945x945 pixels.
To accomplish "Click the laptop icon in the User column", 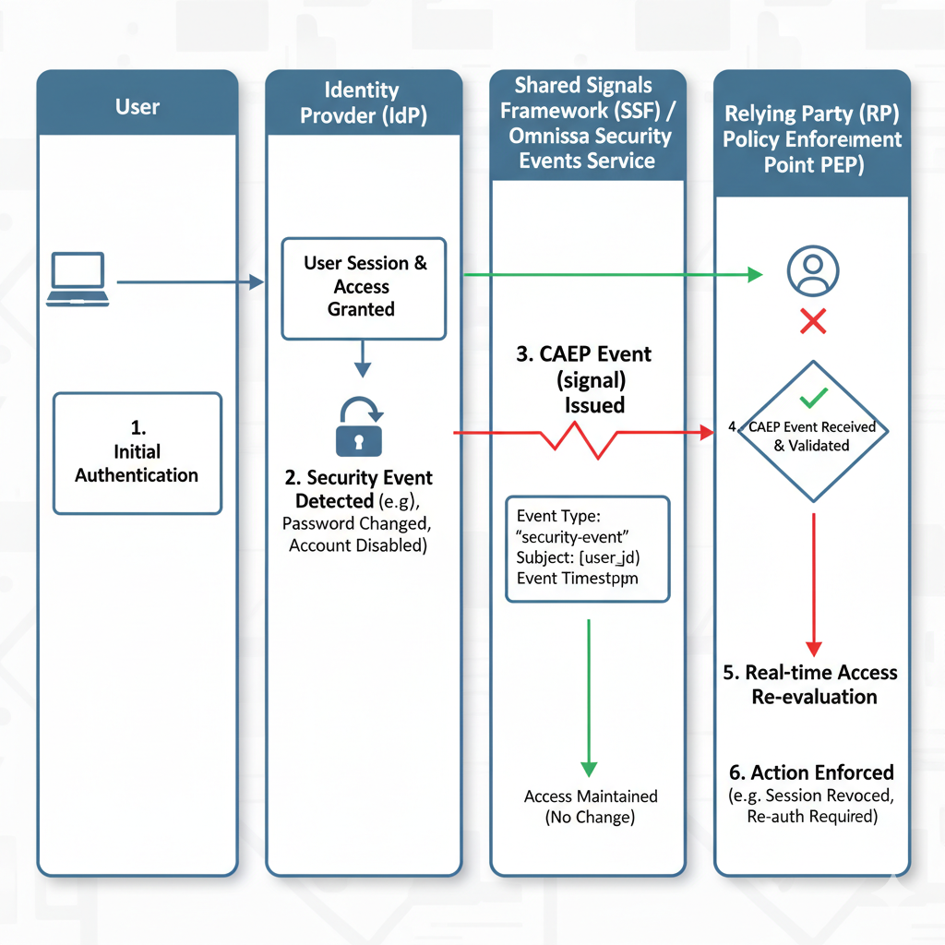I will (x=78, y=280).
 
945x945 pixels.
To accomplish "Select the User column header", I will (x=138, y=107).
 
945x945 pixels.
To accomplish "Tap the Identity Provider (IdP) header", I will (x=363, y=103).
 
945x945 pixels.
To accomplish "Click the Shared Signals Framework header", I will (x=587, y=123).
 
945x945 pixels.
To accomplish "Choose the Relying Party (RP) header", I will (x=812, y=139).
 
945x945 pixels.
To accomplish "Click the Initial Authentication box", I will (x=138, y=452).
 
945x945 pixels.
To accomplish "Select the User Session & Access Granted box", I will (x=363, y=286).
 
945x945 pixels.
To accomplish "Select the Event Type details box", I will (x=587, y=548).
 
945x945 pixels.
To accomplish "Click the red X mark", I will (x=812, y=321).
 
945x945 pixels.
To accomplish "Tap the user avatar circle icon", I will (x=812, y=269).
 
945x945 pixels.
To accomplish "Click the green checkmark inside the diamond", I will (x=813, y=399).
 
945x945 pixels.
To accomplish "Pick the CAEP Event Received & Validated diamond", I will (x=812, y=431).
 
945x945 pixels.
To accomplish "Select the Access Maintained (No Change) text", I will (x=591, y=807).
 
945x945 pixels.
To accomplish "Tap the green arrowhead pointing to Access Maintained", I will (x=589, y=769).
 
